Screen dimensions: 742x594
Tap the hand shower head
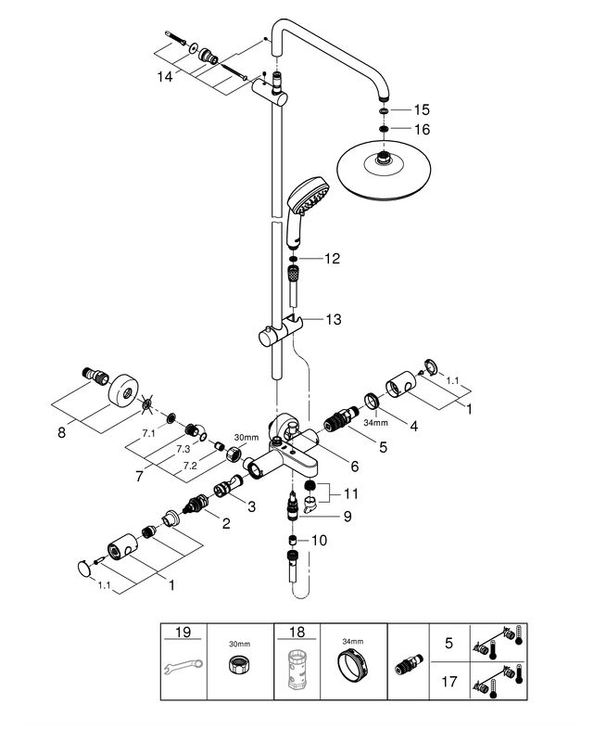pyautogui.click(x=305, y=199)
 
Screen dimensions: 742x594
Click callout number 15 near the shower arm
pyautogui.click(x=423, y=110)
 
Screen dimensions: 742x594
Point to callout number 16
pyautogui.click(x=423, y=129)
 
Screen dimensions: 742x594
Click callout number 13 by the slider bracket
pyautogui.click(x=333, y=319)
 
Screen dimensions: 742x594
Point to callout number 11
pyautogui.click(x=350, y=493)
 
